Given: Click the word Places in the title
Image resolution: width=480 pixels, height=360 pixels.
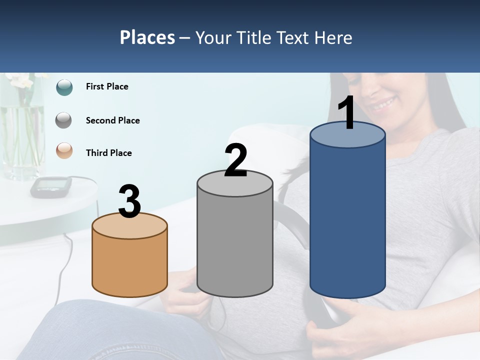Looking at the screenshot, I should tap(147, 37).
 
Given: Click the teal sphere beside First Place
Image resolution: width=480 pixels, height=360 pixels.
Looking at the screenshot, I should tap(64, 87).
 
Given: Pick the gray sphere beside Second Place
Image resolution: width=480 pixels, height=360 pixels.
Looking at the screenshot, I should tap(64, 120).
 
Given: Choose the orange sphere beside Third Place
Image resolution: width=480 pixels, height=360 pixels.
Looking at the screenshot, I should tap(64, 150).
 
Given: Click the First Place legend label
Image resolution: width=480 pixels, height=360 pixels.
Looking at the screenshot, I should tap(107, 86).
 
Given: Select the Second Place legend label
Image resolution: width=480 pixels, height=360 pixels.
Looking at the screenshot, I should tap(112, 120).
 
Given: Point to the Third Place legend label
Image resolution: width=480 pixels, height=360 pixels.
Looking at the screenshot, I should tap(108, 153).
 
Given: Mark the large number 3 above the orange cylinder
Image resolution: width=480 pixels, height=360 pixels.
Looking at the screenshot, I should tap(129, 201).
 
